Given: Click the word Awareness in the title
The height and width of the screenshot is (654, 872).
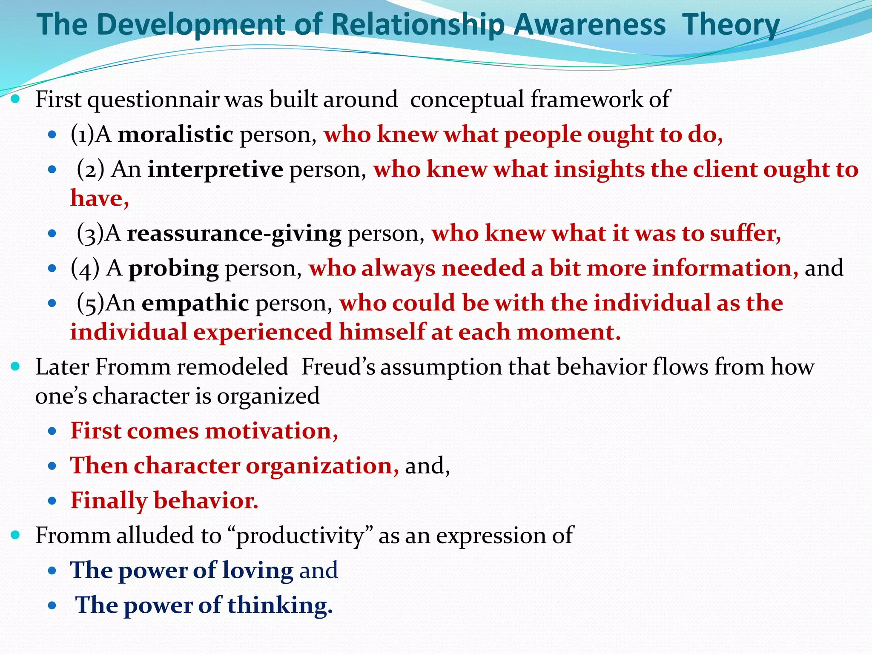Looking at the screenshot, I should [589, 25].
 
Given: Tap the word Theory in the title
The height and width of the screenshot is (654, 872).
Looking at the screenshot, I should [731, 25].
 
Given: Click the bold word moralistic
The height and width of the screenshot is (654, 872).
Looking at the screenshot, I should [175, 135].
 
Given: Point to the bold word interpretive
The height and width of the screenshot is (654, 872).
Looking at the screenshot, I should [215, 170].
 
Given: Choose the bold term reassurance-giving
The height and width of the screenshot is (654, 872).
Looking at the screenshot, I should [234, 234].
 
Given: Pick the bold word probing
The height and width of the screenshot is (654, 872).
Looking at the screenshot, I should [174, 269].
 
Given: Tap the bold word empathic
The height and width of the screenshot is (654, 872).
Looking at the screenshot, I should [195, 304].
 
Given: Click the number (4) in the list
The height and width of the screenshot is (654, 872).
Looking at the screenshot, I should [85, 269].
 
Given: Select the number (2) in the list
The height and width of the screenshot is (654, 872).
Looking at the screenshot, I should [91, 170].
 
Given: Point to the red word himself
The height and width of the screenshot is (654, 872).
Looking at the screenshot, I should [381, 332].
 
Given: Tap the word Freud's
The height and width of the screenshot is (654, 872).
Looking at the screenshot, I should [338, 367].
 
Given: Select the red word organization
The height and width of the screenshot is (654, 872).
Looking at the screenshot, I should [322, 466].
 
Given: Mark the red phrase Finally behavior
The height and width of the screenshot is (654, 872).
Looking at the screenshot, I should [164, 501].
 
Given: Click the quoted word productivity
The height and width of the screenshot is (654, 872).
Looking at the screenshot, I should [301, 536].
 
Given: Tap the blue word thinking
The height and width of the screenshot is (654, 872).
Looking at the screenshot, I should [279, 605].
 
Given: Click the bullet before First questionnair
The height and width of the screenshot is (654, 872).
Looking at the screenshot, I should [15, 99].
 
